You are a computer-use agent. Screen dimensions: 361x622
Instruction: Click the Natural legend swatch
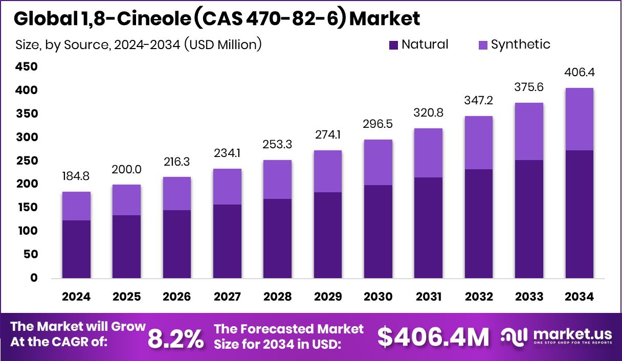[393, 45]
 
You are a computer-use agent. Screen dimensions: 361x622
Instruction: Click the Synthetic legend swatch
[483, 45]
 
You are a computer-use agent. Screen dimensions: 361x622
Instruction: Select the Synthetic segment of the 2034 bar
[579, 119]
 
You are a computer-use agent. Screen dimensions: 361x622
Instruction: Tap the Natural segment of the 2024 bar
[76, 249]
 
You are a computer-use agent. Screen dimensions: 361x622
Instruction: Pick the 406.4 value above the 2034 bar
[579, 73]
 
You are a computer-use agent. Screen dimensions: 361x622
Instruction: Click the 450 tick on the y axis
[26, 67]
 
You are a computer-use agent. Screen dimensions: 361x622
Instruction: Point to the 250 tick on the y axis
[26, 161]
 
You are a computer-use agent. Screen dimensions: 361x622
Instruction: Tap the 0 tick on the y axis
[34, 278]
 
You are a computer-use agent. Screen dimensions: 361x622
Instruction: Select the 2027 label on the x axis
[227, 297]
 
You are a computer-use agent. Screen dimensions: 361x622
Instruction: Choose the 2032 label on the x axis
[479, 297]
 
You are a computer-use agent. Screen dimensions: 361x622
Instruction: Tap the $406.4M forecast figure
[433, 336]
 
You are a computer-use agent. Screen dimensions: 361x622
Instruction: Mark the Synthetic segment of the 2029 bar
[328, 171]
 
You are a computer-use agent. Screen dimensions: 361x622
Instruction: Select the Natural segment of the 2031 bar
[428, 228]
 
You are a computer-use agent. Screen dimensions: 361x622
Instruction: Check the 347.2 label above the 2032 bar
[479, 101]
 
